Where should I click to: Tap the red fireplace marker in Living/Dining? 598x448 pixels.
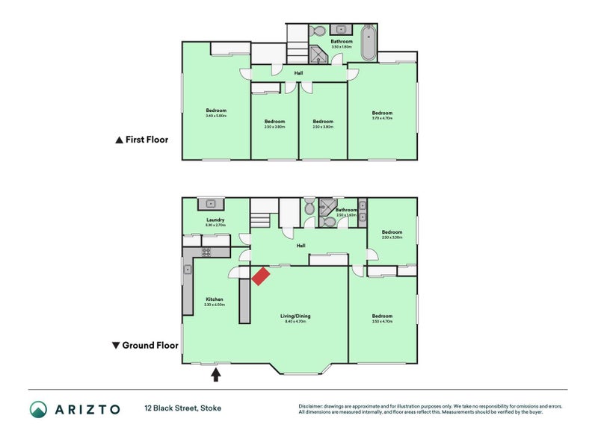pos(260,276)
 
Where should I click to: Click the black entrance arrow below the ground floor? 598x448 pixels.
pos(217,373)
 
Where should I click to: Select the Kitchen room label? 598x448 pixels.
pos(215,299)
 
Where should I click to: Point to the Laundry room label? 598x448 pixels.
pos(215,220)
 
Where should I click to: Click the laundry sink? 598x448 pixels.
pos(211,202)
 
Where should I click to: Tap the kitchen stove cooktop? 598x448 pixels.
pos(204,252)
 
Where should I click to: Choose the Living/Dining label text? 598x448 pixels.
pos(295,316)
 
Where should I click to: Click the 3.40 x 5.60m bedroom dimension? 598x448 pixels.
pos(215,116)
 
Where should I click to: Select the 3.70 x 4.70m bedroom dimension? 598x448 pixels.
pos(382,118)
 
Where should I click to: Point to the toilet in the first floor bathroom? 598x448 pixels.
pos(317,31)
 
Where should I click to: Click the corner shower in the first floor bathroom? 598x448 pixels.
pos(320,56)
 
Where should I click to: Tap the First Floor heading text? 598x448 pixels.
pos(147,140)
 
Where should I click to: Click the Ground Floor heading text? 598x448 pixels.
pos(150,346)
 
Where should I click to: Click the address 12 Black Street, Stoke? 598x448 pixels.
pos(183,408)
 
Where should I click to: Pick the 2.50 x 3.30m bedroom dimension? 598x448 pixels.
pos(392,237)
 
